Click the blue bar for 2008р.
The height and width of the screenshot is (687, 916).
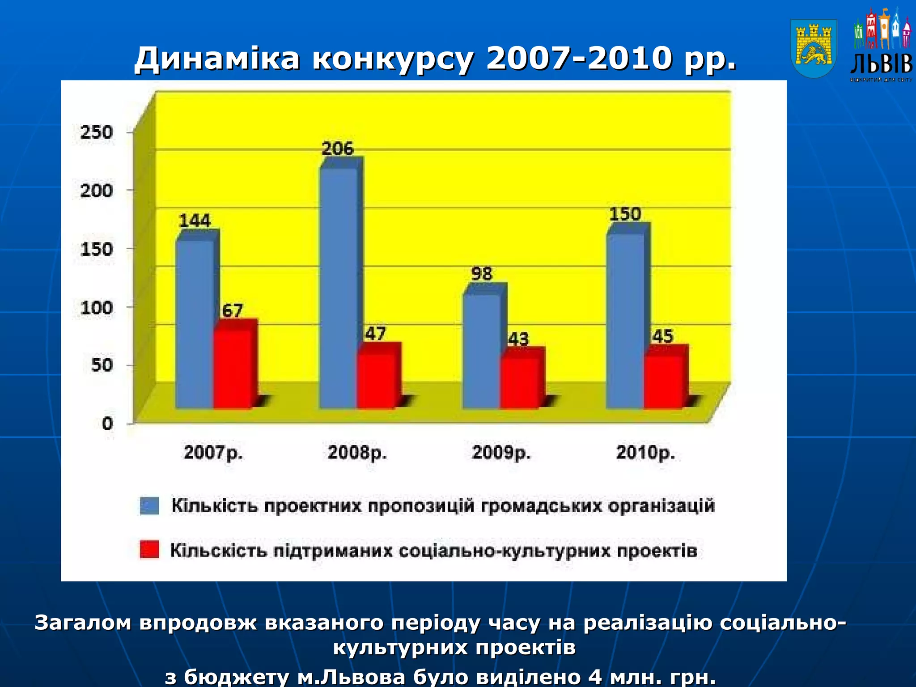(338, 286)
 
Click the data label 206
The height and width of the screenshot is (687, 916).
(338, 148)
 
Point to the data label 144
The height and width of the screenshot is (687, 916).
(195, 221)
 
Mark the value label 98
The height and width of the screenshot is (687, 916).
(482, 274)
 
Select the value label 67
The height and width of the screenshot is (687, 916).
(233, 310)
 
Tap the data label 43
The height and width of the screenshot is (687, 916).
(519, 339)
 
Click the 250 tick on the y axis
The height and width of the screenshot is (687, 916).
(96, 132)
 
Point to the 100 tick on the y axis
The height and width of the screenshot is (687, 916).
(96, 308)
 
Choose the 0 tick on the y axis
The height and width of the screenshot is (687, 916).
(107, 423)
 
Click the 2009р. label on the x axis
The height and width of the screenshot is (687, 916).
(501, 453)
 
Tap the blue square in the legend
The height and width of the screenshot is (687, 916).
(149, 506)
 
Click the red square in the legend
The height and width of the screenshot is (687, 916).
(149, 550)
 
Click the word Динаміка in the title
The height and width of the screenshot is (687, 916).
(216, 59)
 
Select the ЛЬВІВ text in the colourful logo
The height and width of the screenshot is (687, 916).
(881, 64)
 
